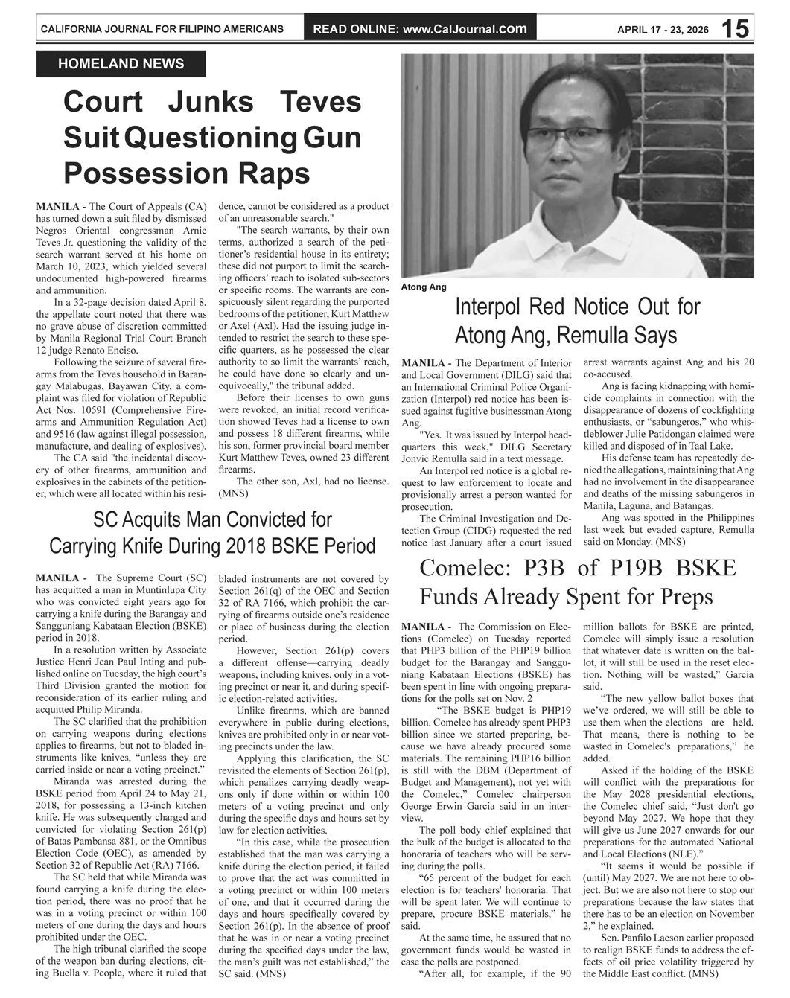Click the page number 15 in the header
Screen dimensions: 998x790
tap(735, 29)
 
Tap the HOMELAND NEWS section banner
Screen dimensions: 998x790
tap(121, 64)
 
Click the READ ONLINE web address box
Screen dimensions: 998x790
tap(420, 29)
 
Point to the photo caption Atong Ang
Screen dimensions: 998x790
tap(424, 287)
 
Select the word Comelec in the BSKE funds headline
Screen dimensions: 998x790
tap(460, 568)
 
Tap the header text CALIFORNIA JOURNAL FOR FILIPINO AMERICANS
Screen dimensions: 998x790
tap(162, 29)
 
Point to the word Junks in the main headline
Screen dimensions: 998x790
tap(210, 102)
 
